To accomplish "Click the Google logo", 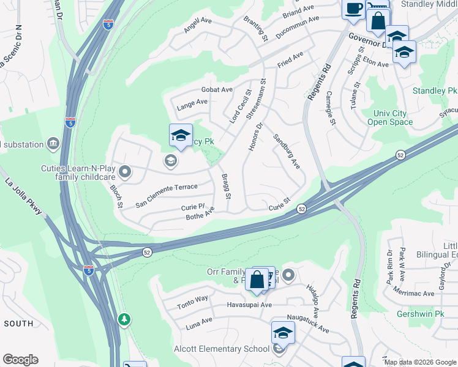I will (x=20, y=360).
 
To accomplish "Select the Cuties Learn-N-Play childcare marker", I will (x=125, y=172).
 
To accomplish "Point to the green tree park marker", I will (x=124, y=319).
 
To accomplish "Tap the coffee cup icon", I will (x=353, y=9).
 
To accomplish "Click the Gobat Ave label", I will (x=217, y=89).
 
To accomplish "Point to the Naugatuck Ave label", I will (x=308, y=324).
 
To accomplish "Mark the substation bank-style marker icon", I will (x=54, y=144).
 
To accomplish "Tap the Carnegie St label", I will (x=331, y=108).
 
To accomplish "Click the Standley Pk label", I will (x=435, y=91).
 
